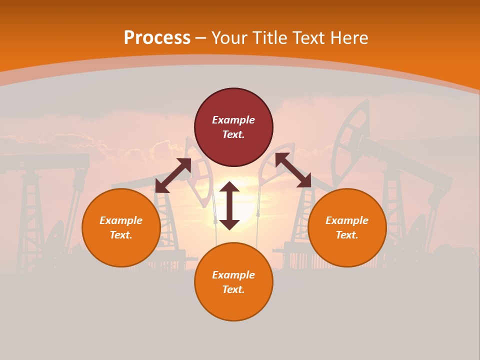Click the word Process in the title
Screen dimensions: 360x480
coord(157,38)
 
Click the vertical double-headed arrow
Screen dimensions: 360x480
coord(229,205)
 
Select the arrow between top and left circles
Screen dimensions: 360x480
coord(173,175)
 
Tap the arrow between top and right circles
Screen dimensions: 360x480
coord(293,170)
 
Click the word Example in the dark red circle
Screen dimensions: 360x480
coord(233,120)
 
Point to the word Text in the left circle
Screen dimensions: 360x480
coord(121,235)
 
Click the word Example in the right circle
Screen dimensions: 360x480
coord(347,220)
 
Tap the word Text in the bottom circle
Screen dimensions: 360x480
coord(233,289)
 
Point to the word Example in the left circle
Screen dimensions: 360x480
coord(121,220)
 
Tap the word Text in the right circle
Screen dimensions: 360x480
coord(347,235)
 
